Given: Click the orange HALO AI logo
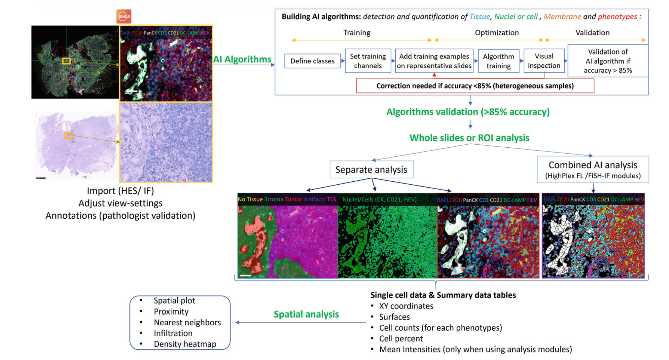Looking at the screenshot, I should tap(124, 17).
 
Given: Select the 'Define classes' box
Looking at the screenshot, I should tap(312, 61).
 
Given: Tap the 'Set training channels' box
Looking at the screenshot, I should tap(368, 61).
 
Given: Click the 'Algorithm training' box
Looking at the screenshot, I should tap(498, 61).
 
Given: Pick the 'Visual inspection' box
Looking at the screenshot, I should tap(544, 61).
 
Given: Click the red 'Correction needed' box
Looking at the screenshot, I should tap(475, 86).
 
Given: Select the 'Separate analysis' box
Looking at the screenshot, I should tap(371, 169).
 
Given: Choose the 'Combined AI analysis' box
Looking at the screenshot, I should tap(593, 169).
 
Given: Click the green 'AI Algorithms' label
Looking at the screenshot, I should tap(242, 59).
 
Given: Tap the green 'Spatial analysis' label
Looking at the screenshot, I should tap(306, 314).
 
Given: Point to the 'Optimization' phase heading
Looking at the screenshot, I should tap(497, 33).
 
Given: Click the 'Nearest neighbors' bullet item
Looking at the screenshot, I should tap(187, 322).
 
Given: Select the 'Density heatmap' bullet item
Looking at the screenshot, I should tap(185, 344).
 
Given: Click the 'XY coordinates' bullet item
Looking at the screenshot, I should tap(406, 306).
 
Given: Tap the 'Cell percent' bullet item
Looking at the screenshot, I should tap(401, 339).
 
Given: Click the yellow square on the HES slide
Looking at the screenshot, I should tap(69, 135).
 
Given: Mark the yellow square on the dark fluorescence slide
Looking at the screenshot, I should tap(66, 61).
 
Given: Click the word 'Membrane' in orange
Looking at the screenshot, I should tap(562, 17).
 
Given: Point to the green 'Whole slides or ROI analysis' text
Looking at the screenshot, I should tap(469, 138).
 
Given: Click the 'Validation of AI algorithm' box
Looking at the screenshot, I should tap(608, 61).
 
